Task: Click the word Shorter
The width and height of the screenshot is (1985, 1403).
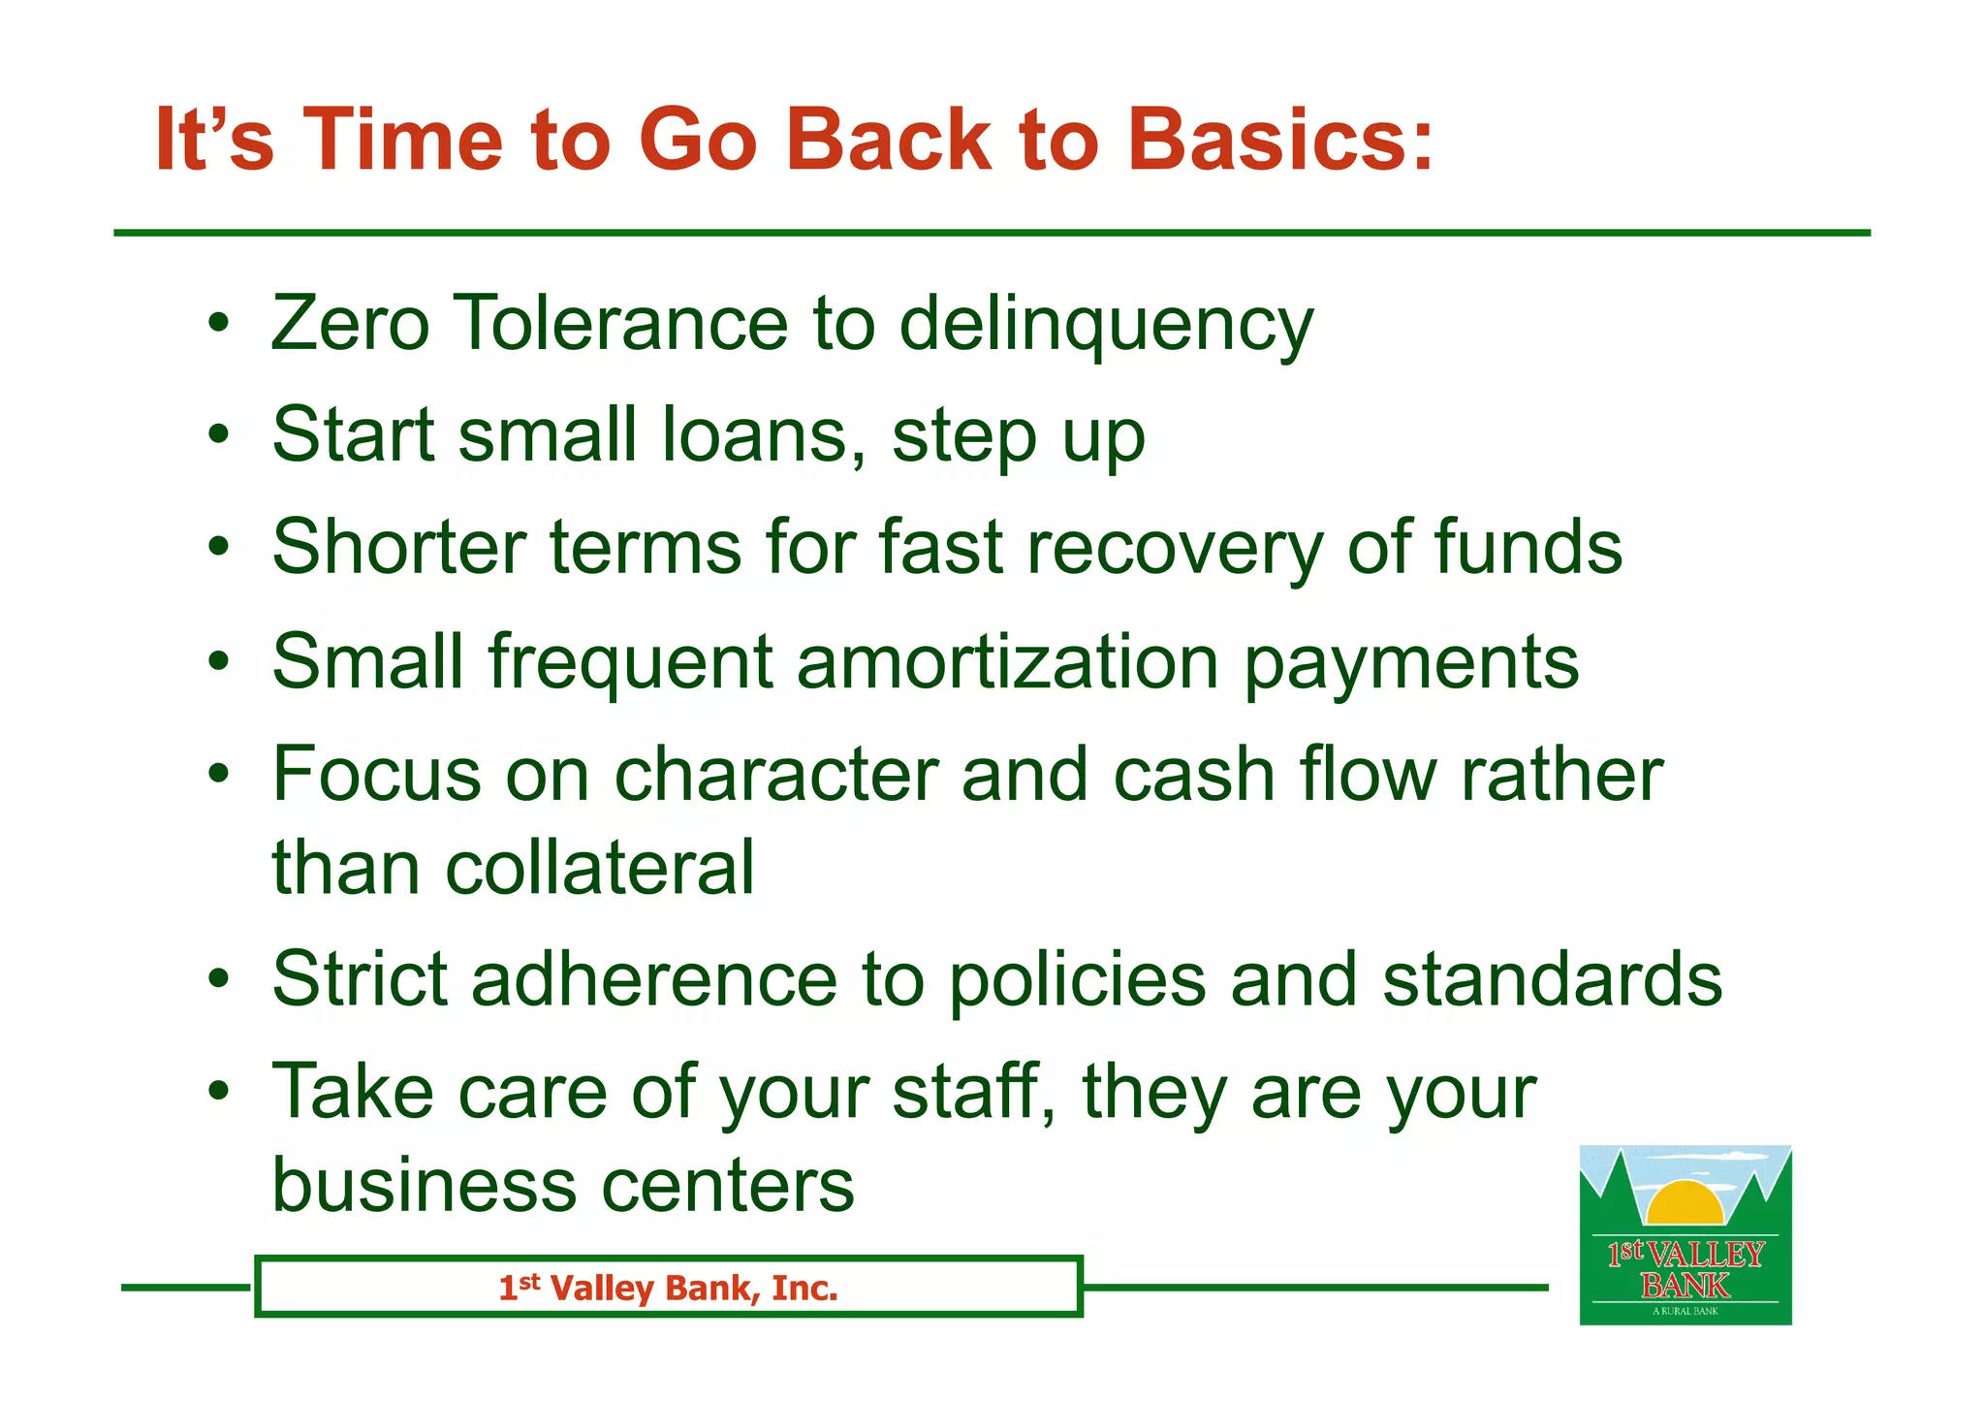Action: point(398,548)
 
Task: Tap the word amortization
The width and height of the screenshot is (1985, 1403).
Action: point(1008,662)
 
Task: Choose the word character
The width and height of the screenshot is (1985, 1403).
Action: point(775,775)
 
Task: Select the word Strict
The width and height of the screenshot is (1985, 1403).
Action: point(360,979)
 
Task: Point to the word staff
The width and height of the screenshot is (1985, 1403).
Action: point(964,1092)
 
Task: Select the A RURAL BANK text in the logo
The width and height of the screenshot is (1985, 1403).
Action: point(1686,1311)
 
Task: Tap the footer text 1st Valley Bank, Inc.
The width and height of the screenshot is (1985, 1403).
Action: point(668,1289)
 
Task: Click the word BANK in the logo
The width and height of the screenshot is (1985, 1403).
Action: point(1686,1286)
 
